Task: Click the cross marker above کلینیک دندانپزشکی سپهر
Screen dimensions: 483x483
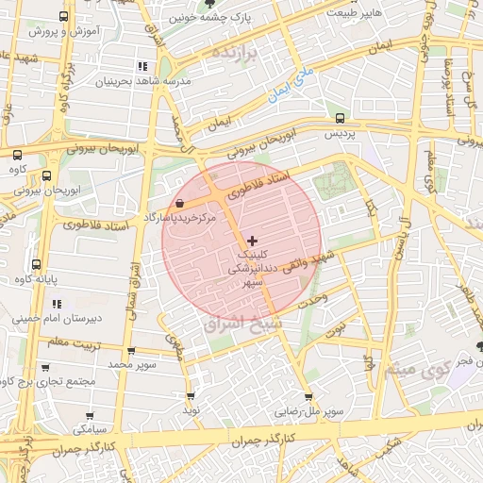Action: [x=251, y=241]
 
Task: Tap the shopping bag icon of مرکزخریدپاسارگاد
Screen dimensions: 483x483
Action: [x=180, y=203]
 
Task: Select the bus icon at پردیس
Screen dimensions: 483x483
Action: [x=340, y=119]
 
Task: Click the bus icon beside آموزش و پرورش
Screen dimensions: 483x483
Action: [x=63, y=17]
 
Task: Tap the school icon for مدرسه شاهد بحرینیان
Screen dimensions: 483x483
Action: [x=142, y=66]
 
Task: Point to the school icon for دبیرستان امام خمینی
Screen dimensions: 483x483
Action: [x=57, y=304]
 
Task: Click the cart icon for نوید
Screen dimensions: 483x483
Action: [x=192, y=396]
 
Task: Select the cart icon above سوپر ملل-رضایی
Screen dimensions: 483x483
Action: [x=308, y=396]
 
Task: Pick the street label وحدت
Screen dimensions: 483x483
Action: [x=312, y=298]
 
